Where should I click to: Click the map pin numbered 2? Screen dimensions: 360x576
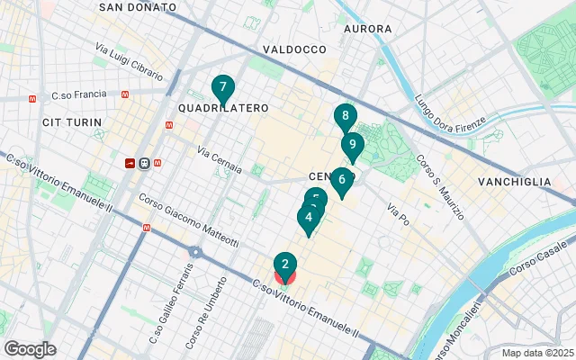[x=284, y=265]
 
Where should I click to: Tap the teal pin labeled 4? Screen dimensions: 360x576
[x=309, y=218]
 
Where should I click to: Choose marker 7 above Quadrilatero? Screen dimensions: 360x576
[x=222, y=87]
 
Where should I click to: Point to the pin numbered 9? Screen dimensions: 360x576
[x=352, y=145]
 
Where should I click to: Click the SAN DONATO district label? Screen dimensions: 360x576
[x=137, y=6]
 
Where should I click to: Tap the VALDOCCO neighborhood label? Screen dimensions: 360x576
[x=293, y=49]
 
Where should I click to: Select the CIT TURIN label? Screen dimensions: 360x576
[x=66, y=121]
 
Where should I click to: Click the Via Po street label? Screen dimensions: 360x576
[x=397, y=214]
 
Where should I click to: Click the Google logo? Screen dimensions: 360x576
[x=30, y=349]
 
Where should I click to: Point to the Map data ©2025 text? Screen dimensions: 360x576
[x=536, y=353]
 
